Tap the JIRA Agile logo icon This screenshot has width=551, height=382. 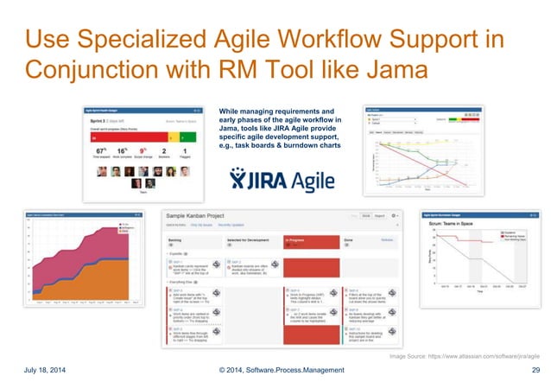click(x=239, y=177)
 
